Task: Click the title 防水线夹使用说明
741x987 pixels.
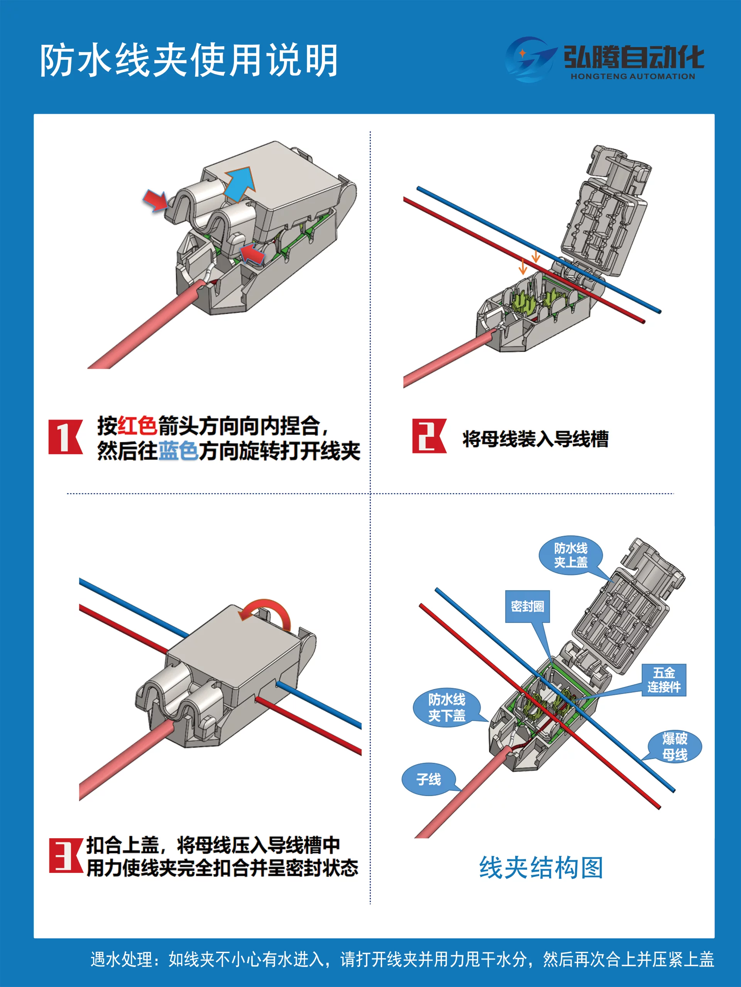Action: (188, 60)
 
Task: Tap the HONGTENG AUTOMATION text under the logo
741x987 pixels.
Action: (633, 76)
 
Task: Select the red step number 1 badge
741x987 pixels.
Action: (65, 437)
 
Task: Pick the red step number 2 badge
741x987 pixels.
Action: (429, 436)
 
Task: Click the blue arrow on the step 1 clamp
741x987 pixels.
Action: (239, 184)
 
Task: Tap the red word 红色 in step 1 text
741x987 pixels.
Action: (137, 425)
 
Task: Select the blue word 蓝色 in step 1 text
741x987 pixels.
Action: (178, 451)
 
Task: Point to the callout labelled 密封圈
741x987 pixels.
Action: (528, 606)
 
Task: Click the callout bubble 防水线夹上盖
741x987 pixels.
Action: (570, 555)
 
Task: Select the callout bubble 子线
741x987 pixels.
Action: (429, 779)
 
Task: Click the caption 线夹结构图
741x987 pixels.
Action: (541, 868)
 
